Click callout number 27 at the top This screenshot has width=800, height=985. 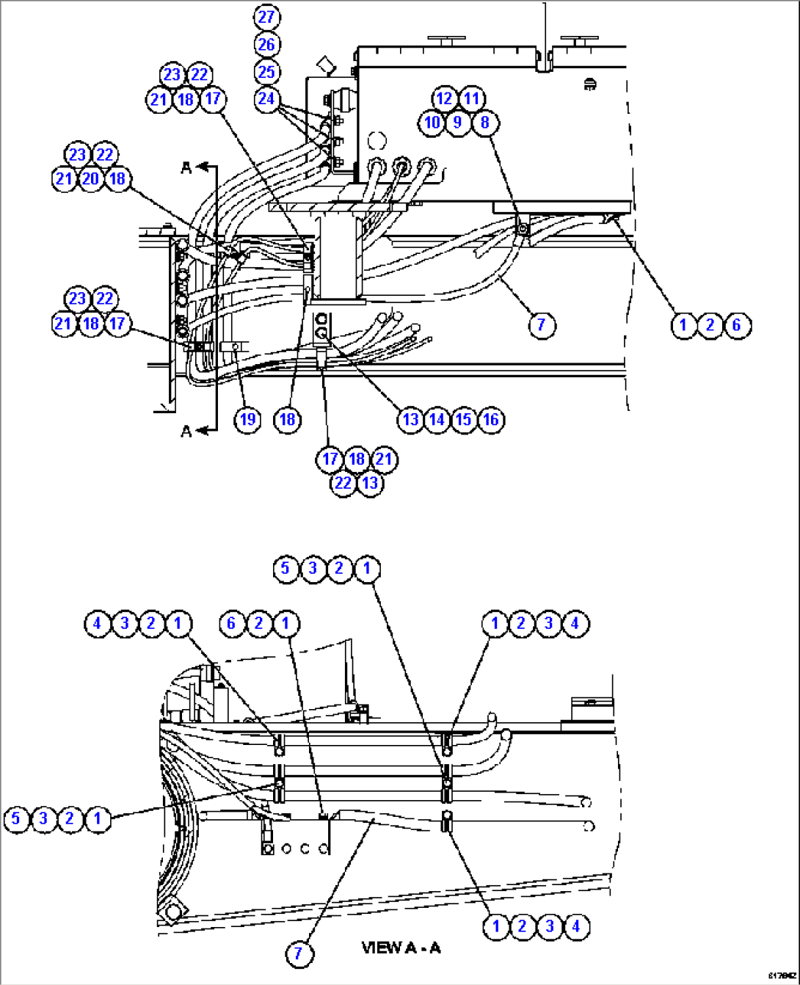point(266,16)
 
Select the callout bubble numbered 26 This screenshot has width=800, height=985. point(266,44)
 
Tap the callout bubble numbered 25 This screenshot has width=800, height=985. point(266,72)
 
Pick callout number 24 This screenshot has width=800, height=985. point(266,98)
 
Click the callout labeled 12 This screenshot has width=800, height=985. point(444,98)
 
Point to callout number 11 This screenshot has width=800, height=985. point(471,98)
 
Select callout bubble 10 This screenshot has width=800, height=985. point(432,122)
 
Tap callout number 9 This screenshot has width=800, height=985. point(458,122)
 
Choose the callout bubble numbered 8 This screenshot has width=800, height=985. point(484,122)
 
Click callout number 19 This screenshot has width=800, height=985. point(247,419)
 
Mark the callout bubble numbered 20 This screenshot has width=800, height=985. point(90,178)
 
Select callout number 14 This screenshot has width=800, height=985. point(437,419)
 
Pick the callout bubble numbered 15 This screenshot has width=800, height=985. point(464,419)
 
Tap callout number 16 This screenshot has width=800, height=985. point(491,419)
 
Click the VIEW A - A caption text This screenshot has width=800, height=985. point(401,948)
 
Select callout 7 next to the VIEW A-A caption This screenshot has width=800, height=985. point(298,953)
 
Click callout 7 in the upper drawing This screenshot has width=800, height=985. point(541,324)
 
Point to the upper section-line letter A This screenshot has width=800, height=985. point(186,168)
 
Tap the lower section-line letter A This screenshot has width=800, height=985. point(186,431)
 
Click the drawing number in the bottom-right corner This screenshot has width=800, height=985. point(782,975)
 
